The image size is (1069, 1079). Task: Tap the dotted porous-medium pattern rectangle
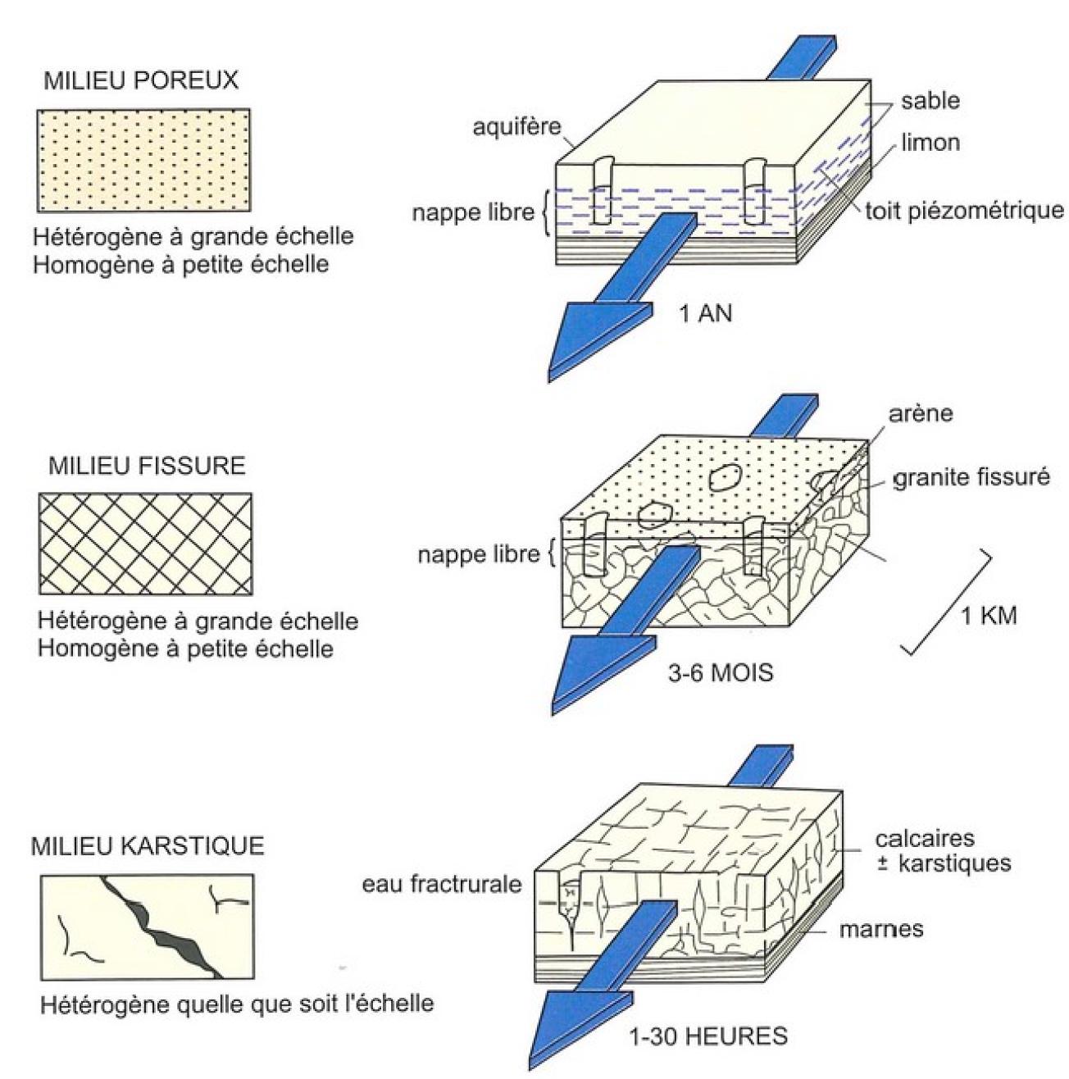[x=143, y=160]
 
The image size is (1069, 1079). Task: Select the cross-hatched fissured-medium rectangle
[x=145, y=544]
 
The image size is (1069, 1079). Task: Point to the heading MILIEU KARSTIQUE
[x=148, y=845]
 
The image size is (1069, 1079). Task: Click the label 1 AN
[x=705, y=313]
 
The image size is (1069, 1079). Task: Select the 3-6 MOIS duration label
[x=720, y=673]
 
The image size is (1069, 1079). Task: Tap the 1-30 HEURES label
[x=707, y=1036]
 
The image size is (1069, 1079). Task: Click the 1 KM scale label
[x=988, y=615]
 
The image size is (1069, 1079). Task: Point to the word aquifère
[x=516, y=127]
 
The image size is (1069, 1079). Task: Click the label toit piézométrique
[x=964, y=211]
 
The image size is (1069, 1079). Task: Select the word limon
[x=930, y=143]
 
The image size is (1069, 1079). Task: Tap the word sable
[x=930, y=101]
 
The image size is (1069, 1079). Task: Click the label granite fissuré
[x=971, y=477]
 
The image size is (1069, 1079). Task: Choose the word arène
[x=921, y=412]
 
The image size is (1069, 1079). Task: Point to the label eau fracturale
[x=442, y=884]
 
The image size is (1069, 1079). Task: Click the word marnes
[x=881, y=929]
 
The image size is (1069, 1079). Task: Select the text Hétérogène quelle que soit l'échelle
[x=237, y=1004]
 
